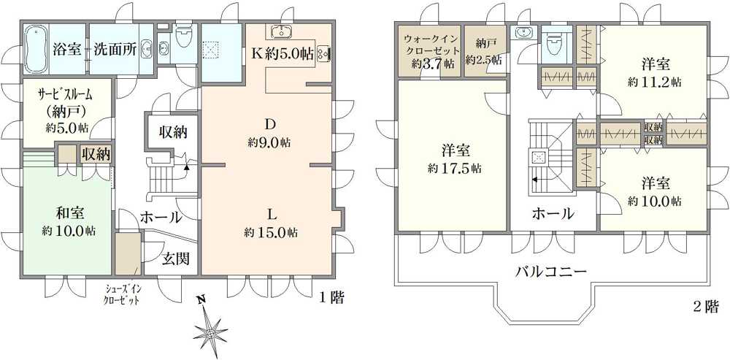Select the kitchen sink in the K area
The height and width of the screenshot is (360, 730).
280,32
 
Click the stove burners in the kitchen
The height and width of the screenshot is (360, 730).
322,54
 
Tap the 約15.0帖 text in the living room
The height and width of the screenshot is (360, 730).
271,233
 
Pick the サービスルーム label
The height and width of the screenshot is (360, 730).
66,95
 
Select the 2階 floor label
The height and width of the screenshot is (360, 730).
705,306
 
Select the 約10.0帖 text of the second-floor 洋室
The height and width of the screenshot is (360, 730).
654,199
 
